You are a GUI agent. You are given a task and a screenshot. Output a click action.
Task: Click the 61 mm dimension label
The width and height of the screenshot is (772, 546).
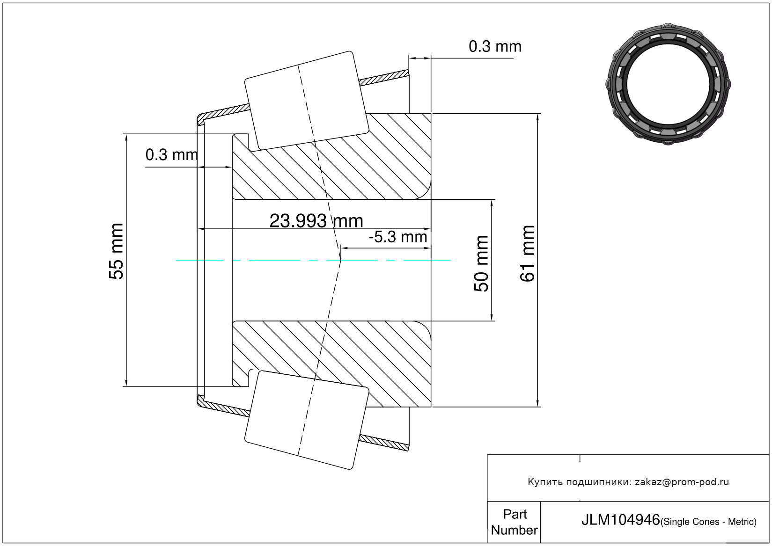click(x=527, y=254)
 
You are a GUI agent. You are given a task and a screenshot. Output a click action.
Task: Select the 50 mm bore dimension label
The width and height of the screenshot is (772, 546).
click(x=481, y=263)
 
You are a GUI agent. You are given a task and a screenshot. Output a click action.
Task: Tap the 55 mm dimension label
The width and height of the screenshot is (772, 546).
click(x=116, y=251)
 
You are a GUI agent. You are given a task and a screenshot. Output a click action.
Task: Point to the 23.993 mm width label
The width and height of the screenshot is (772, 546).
click(x=316, y=220)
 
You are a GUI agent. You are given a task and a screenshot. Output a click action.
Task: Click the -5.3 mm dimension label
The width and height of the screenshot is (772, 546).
click(x=398, y=237)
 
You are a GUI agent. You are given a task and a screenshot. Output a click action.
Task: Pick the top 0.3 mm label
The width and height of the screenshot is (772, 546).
click(x=495, y=46)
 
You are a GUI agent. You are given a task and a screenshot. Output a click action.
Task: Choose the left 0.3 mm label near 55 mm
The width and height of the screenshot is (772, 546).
click(x=171, y=155)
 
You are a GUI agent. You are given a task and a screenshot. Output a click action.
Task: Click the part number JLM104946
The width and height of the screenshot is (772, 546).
click(x=620, y=520)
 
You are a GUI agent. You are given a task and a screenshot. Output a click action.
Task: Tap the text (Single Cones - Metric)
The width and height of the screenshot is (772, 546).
click(x=708, y=522)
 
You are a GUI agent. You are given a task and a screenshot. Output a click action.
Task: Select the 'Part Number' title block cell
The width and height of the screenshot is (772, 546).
click(x=514, y=522)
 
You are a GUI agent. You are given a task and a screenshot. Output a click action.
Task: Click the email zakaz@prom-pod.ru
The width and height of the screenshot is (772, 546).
click(x=682, y=482)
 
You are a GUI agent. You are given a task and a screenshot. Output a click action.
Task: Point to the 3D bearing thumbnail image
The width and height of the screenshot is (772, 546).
click(x=668, y=84)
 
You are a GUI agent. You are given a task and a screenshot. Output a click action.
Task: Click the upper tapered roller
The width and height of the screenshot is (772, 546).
click(x=307, y=101)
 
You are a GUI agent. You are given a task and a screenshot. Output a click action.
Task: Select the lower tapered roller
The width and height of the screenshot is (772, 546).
click(x=307, y=420)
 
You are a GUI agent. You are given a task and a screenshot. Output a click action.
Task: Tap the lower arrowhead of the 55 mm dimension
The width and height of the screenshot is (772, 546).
click(x=126, y=382)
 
